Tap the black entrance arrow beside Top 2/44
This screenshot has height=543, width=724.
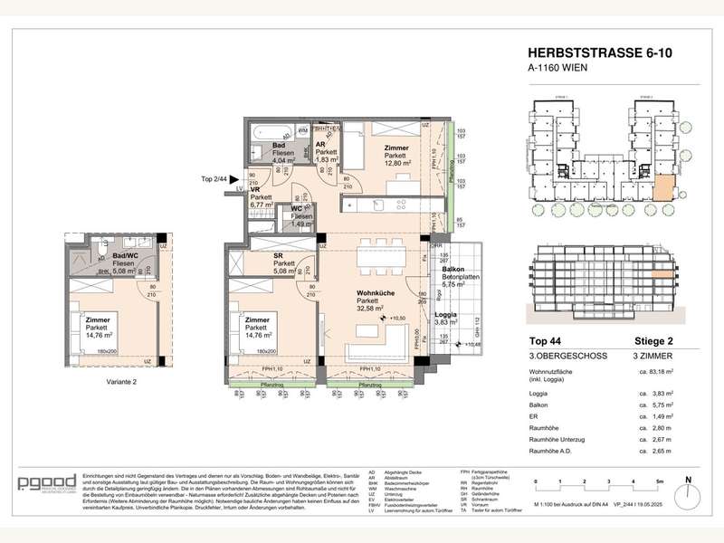click(x=233, y=179)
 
